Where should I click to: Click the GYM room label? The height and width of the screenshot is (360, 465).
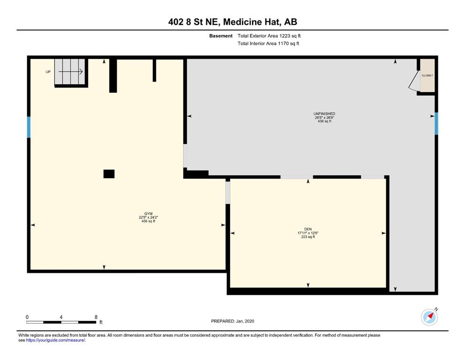(x=148, y=214)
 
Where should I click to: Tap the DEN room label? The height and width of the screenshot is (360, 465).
(x=308, y=229)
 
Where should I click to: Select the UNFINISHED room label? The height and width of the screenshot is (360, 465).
(x=324, y=113)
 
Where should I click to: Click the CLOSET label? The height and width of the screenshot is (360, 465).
(x=428, y=75)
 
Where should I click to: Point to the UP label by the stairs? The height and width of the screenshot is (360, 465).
(x=48, y=72)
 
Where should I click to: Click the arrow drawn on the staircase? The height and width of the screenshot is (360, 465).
(x=70, y=72)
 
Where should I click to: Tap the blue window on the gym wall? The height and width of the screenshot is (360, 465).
(x=29, y=127)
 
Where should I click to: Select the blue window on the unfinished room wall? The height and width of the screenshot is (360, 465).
(x=436, y=123)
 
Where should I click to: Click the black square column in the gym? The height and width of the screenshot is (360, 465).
(x=109, y=174)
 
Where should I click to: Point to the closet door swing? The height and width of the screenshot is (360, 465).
(x=413, y=80)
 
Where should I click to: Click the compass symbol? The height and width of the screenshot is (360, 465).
(x=429, y=317)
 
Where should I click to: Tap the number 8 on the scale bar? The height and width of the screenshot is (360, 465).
(x=96, y=317)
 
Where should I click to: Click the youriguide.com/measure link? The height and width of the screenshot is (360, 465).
(x=56, y=340)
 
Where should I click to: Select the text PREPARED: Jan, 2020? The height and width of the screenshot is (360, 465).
(x=232, y=321)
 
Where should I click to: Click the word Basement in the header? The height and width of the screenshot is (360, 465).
(x=221, y=36)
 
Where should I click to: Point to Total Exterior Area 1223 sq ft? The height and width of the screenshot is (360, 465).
(x=269, y=36)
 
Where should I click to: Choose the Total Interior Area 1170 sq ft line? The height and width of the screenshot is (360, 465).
(x=268, y=43)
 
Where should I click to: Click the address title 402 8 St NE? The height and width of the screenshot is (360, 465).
(x=194, y=22)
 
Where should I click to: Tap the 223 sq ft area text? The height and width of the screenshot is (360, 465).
(x=308, y=237)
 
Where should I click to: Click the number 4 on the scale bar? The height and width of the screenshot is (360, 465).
(x=61, y=317)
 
